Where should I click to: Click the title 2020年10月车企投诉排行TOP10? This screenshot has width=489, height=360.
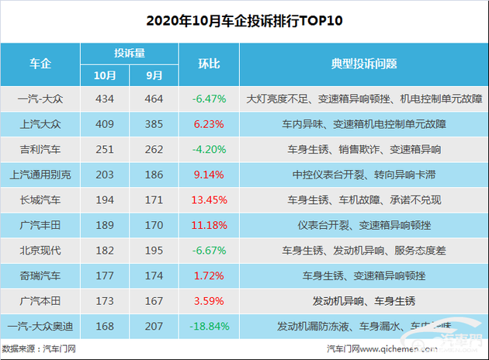click(x=244, y=20)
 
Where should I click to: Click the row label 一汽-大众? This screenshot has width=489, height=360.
click(x=41, y=100)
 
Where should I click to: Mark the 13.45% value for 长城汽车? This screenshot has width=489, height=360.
click(x=209, y=200)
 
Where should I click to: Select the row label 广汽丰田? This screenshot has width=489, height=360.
click(x=41, y=225)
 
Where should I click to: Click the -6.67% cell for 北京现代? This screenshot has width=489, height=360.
click(x=209, y=251)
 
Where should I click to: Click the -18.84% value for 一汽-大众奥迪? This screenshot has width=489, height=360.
click(x=209, y=326)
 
